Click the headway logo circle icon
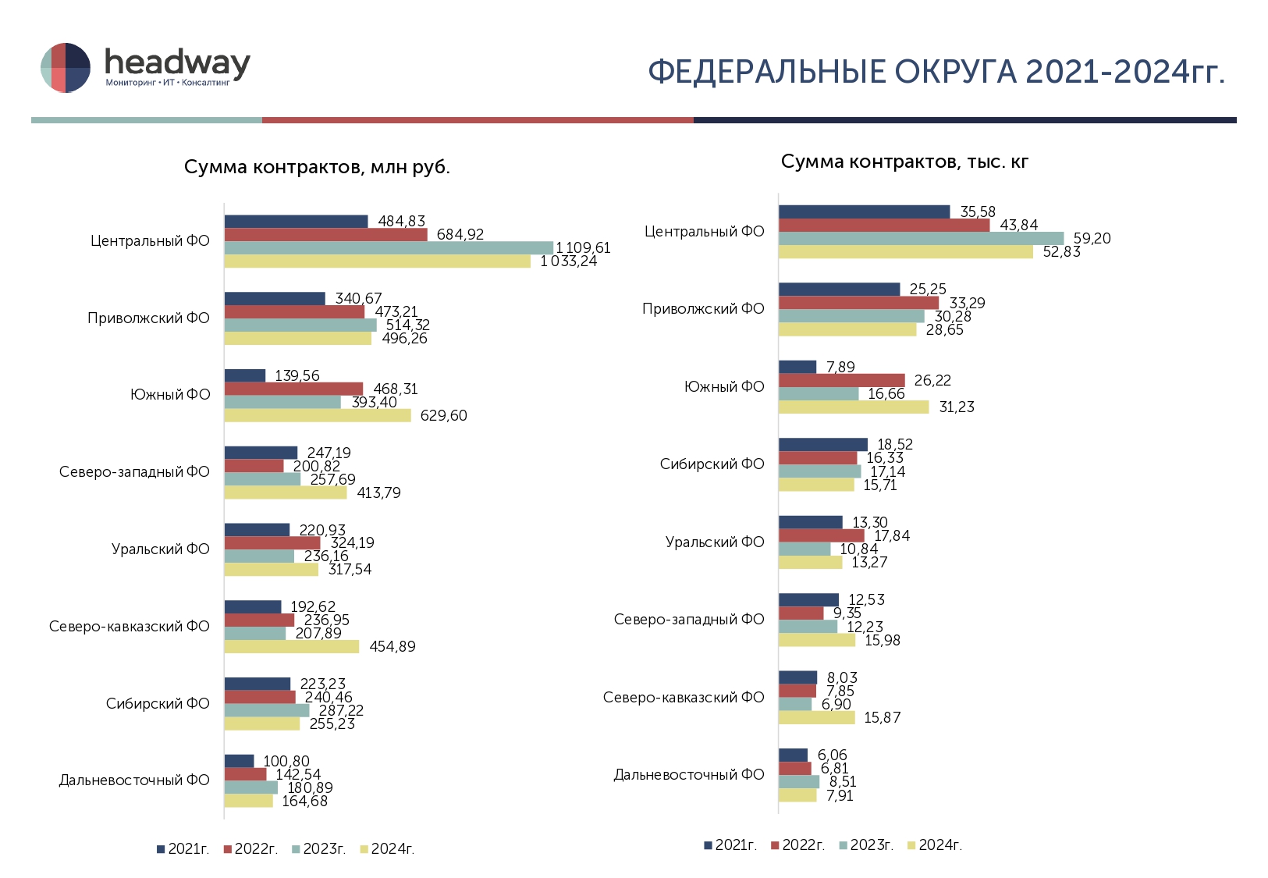coord(66,68)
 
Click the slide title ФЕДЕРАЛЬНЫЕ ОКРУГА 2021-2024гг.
coord(936,72)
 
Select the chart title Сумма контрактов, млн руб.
coord(317,167)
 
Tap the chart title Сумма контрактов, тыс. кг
coord(904,162)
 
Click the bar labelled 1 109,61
coord(389,248)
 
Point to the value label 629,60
coord(443,415)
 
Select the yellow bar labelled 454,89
coord(292,646)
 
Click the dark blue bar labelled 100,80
coord(239,761)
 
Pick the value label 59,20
coord(1092,238)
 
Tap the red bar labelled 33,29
coord(858,303)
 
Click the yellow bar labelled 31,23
coord(854,407)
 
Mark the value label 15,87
coord(882,717)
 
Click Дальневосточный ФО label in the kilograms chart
coord(688,775)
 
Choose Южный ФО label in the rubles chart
coord(170,395)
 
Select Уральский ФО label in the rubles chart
coord(161,549)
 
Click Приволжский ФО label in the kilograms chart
coord(703,309)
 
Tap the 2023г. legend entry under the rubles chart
coord(318,849)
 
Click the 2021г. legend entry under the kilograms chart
coord(730,845)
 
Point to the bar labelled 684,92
coord(326,235)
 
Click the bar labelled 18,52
coord(822,445)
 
